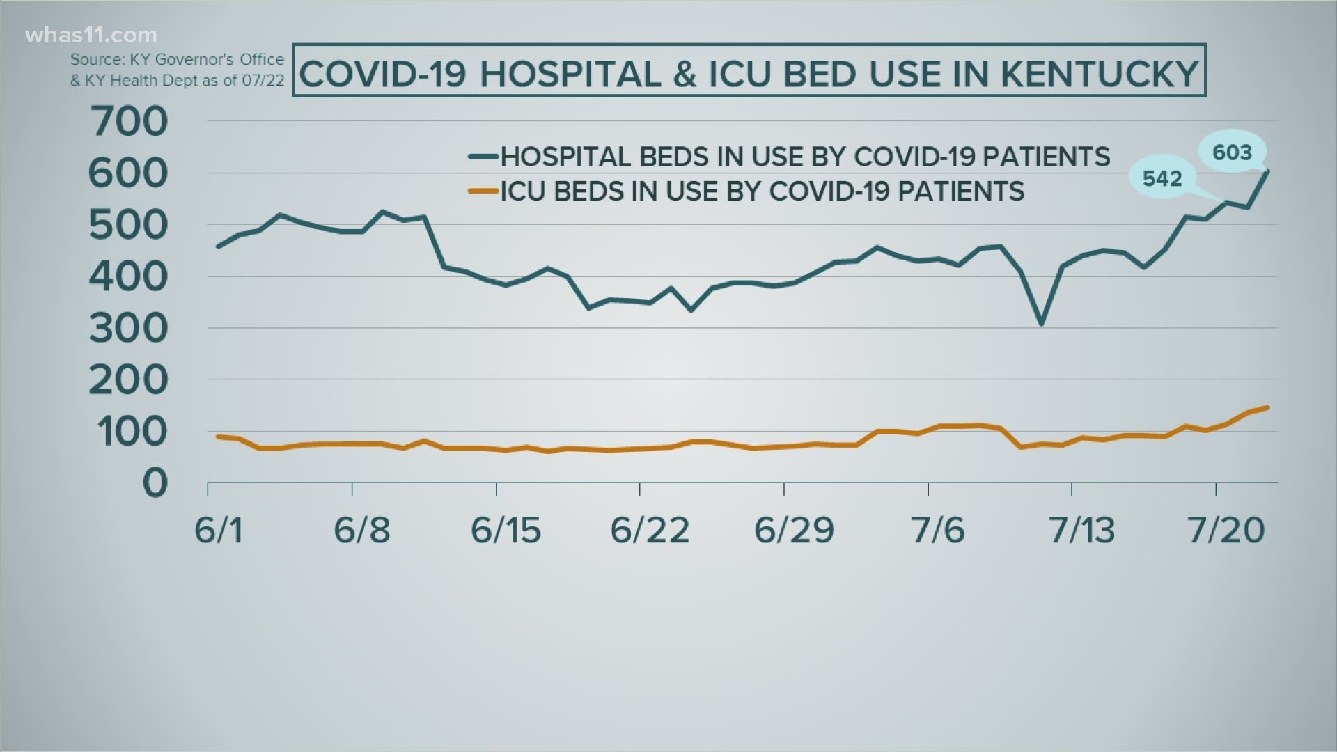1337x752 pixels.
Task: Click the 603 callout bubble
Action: coord(1232,152)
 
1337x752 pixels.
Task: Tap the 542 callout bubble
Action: coord(1162,178)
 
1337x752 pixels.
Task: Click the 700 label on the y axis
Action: coord(129,122)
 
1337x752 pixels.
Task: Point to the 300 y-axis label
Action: coord(129,328)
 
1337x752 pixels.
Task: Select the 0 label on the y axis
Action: coord(155,483)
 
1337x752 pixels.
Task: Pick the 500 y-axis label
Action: coord(129,225)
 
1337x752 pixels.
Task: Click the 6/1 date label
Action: coord(218,531)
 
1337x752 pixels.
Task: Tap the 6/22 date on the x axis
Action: coord(649,531)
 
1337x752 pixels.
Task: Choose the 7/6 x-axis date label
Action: coord(938,531)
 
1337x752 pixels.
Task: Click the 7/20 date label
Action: coord(1226,531)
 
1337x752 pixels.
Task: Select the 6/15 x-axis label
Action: coord(506,531)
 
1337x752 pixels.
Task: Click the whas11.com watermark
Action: coord(91,35)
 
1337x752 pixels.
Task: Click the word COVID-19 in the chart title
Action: coord(382,74)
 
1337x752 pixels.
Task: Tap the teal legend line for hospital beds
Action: coord(483,156)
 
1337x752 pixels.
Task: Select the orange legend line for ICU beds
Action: coord(483,191)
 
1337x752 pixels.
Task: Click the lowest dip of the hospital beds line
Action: coord(1041,324)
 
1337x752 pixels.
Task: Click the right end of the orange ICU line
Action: coord(1267,407)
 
